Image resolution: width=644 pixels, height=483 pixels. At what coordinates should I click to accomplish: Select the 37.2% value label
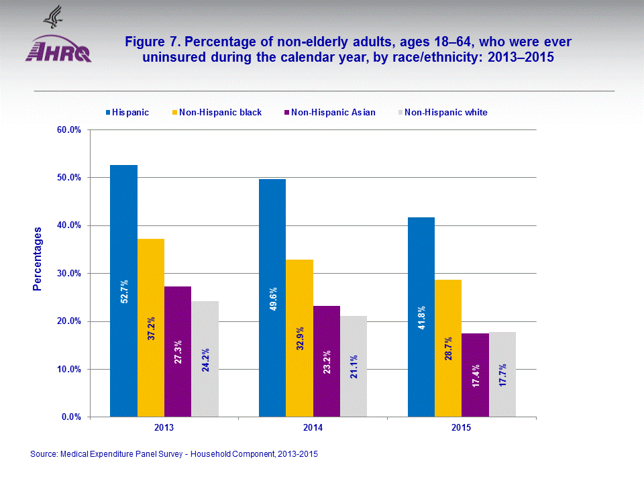click(x=152, y=329)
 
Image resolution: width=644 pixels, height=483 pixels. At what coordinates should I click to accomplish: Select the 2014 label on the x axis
click(x=313, y=427)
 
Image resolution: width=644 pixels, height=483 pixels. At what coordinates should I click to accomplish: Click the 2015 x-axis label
click(x=462, y=427)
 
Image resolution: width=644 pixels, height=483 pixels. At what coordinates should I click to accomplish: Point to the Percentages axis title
click(x=38, y=259)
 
